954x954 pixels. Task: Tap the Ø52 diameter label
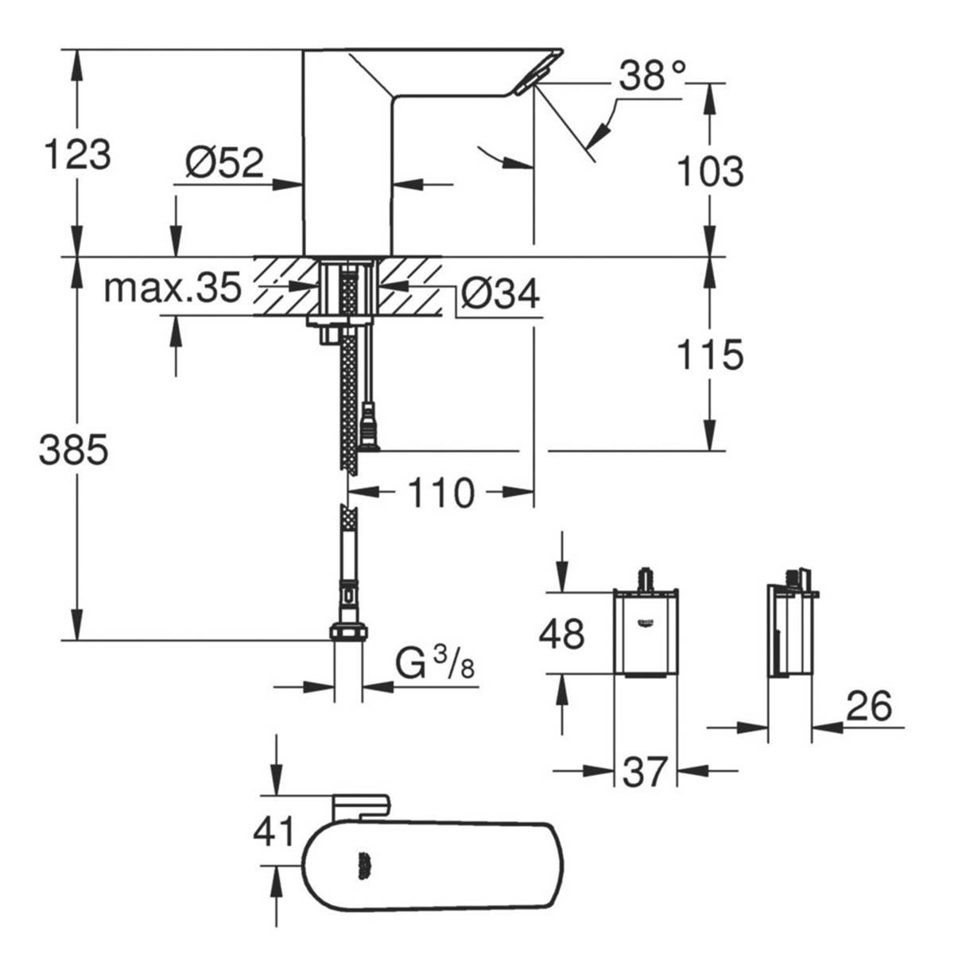pyautogui.click(x=224, y=163)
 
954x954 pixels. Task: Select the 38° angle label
pyautogui.click(x=652, y=77)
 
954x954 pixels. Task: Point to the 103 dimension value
pyautogui.click(x=710, y=171)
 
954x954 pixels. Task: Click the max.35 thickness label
pyautogui.click(x=173, y=289)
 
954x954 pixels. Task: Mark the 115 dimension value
pyautogui.click(x=710, y=355)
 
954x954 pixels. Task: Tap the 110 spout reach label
pyautogui.click(x=440, y=494)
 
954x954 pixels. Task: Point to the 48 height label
pyautogui.click(x=562, y=634)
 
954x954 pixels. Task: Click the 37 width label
pyautogui.click(x=644, y=771)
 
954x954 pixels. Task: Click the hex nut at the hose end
pyautogui.click(x=348, y=633)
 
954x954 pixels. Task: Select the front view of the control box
pyautogui.click(x=646, y=632)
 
